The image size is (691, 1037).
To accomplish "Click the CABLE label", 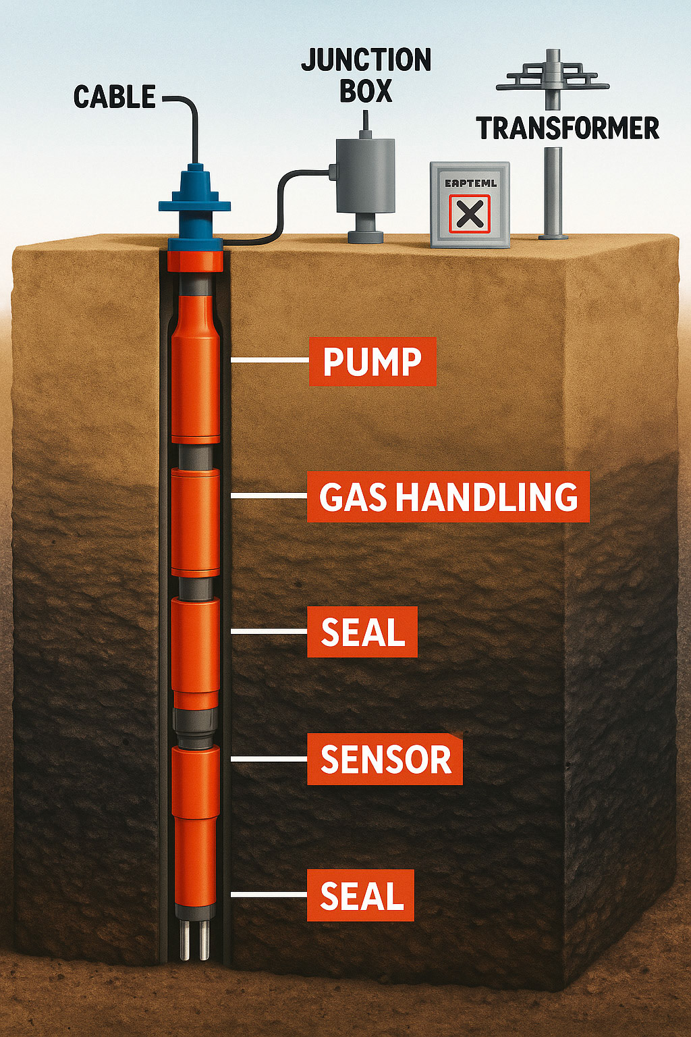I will [x=115, y=97].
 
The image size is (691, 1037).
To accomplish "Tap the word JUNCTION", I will [x=366, y=61].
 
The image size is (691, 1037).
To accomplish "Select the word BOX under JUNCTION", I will [x=366, y=91].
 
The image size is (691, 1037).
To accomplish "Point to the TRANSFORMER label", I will [x=568, y=128].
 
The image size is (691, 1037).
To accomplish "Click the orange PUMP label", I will [x=372, y=362].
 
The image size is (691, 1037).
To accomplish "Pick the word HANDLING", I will [x=487, y=497].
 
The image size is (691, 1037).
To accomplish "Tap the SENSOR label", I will [x=385, y=760].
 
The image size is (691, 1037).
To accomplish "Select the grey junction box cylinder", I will [x=365, y=176].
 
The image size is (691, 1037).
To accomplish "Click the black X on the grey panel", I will [x=470, y=215].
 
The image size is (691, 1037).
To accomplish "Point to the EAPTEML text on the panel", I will [x=470, y=183].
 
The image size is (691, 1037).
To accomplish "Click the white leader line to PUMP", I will [x=269, y=361].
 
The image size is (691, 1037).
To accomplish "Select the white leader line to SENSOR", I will [x=268, y=759].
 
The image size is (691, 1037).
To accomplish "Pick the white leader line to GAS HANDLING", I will [x=268, y=496].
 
